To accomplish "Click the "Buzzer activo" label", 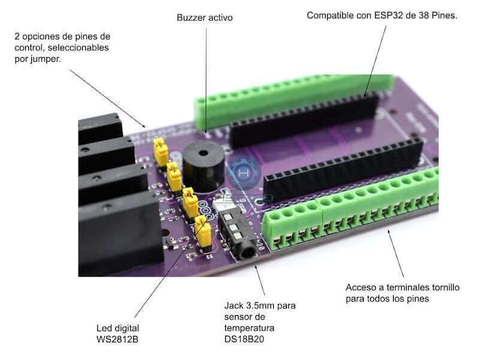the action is click(x=204, y=17).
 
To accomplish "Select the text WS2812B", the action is click(x=118, y=339).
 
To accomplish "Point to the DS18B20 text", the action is click(x=244, y=339).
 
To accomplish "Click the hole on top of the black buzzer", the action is click(x=203, y=153).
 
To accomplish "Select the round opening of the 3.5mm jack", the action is click(x=248, y=253).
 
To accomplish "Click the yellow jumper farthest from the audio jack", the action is click(x=161, y=151).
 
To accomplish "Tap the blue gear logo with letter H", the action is click(x=243, y=173).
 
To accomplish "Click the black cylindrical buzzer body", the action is click(x=204, y=167).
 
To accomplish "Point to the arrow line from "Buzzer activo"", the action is click(x=206, y=80).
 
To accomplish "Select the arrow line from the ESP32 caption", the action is click(x=375, y=60).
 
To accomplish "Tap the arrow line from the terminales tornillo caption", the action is click(x=396, y=253).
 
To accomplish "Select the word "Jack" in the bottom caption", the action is click(x=234, y=305).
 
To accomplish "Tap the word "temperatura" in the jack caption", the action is click(x=249, y=328).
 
